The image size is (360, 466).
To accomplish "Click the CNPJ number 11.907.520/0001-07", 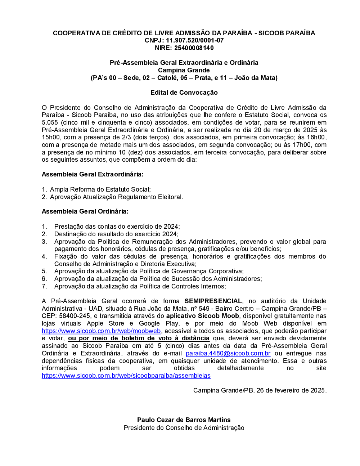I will (x=195, y=40).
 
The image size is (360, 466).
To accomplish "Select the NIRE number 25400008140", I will (x=194, y=48).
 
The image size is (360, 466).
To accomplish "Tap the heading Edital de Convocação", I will (x=184, y=93).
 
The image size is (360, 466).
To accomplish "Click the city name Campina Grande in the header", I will (x=184, y=70).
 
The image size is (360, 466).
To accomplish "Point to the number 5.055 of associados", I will (x=50, y=122).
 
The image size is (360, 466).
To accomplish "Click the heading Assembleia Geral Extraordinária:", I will (x=93, y=174).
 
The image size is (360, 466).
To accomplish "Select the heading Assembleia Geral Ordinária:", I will (x=85, y=211).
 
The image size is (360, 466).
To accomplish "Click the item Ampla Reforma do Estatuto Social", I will (x=100, y=189).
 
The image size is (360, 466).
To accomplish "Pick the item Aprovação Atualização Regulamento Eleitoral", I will (x=116, y=197).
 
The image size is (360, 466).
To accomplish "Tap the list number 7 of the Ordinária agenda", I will (x=44, y=286).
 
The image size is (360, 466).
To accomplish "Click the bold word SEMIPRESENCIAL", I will (x=213, y=301).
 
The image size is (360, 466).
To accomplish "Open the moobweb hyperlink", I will (x=101, y=331).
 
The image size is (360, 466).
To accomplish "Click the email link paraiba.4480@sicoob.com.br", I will (x=228, y=353).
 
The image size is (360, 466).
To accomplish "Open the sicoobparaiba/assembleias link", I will (x=126, y=376).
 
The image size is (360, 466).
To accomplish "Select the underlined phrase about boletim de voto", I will (x=139, y=338).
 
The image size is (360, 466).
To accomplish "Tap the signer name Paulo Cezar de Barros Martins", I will (x=184, y=420).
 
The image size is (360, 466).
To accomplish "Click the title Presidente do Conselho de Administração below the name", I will (x=184, y=428).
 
